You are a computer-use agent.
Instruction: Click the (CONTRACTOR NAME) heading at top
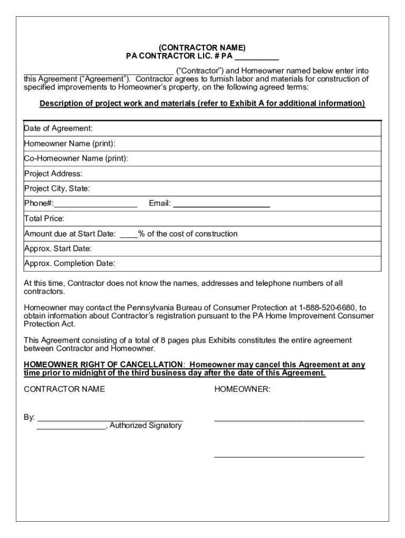(202, 48)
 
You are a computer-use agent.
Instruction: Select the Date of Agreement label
(58, 129)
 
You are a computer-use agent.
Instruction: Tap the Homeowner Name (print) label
(69, 143)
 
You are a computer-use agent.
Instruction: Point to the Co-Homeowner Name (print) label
(76, 159)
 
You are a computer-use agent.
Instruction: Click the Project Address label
(53, 174)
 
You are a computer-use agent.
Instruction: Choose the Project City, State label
(57, 189)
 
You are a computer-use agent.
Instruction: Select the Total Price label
(44, 219)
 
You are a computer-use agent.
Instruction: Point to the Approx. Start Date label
(58, 249)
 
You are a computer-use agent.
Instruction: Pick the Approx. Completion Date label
(69, 263)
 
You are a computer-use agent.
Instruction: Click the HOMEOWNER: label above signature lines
(242, 389)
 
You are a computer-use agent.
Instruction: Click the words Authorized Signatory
(146, 426)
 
